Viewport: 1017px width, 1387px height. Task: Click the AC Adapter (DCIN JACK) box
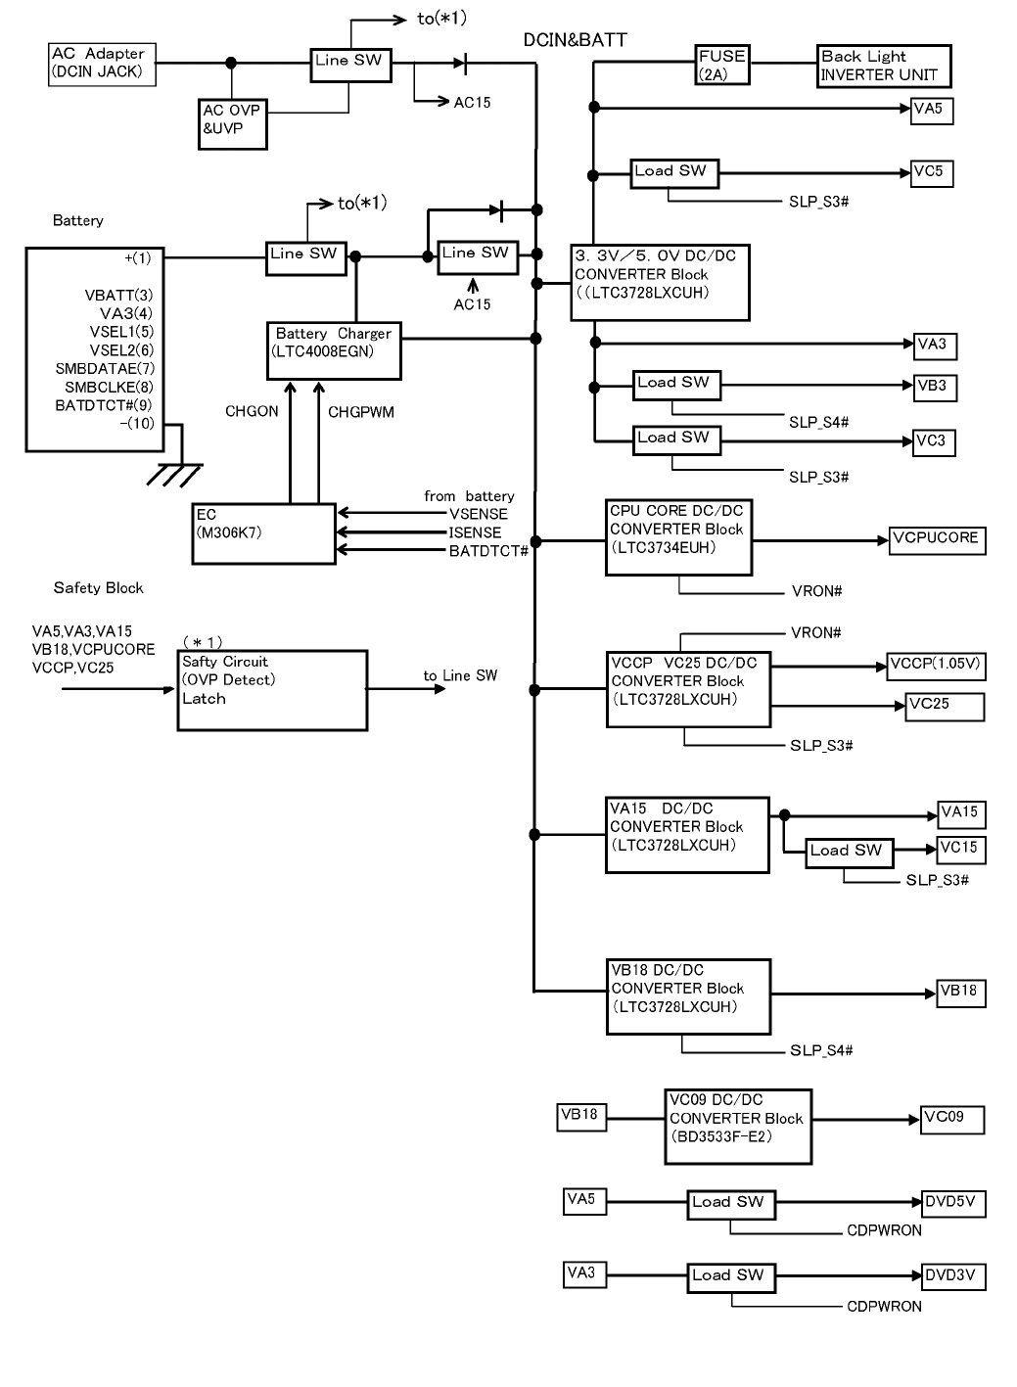102,64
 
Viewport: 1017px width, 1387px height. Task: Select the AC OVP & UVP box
232,124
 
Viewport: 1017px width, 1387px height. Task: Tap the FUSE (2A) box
721,66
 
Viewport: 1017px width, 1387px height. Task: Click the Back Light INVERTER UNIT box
883,66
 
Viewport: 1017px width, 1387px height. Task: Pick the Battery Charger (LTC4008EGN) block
334,350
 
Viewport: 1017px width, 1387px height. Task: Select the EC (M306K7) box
263,533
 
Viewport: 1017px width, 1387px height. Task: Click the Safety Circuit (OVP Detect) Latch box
272,690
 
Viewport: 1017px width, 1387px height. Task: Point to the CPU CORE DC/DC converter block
678,537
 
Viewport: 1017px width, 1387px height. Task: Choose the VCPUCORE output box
937,540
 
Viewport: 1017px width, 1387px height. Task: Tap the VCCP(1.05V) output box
935,666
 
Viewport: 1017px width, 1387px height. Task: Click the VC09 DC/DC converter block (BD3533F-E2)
738,1127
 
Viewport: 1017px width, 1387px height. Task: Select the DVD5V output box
953,1204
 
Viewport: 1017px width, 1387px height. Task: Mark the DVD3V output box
953,1277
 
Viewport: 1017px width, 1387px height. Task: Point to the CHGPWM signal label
360,412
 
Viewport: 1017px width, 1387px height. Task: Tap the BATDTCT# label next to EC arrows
488,551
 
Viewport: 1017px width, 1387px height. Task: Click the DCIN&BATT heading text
575,40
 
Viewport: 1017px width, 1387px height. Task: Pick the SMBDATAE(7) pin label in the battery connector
105,369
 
